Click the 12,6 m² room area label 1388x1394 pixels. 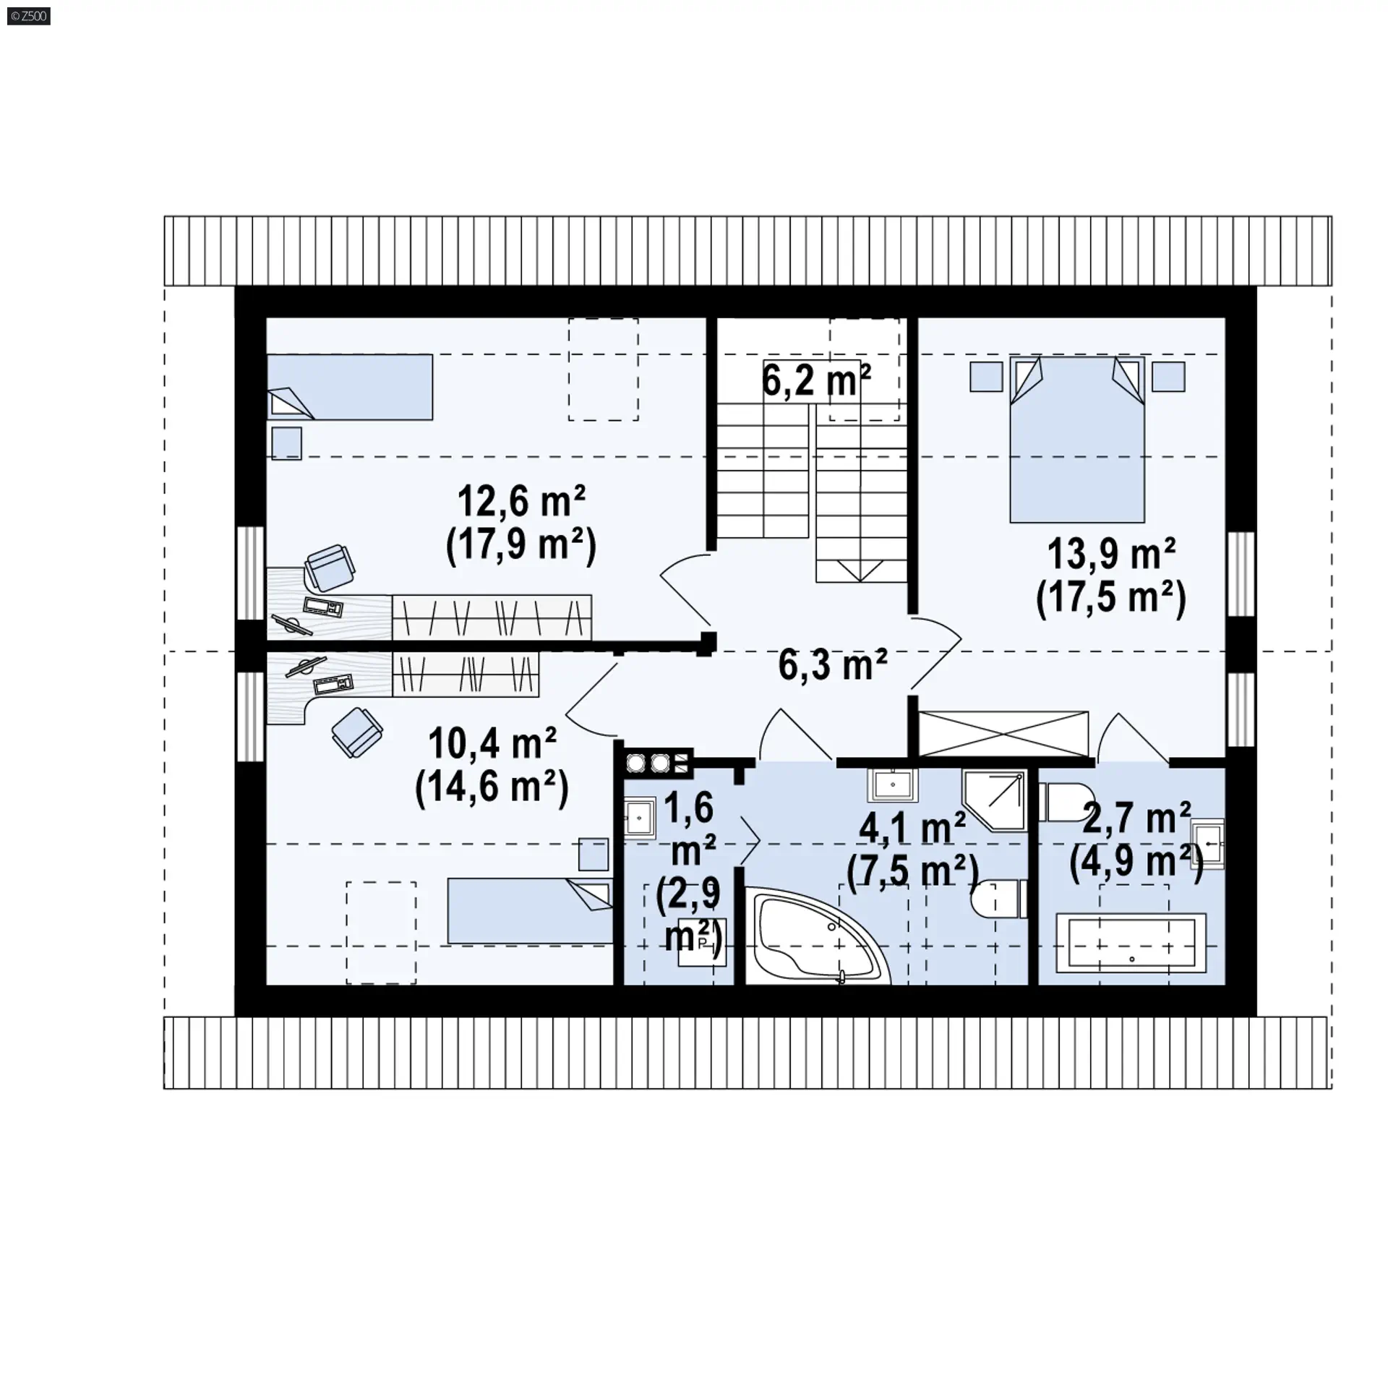[521, 501]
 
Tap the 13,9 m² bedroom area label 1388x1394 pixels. [1111, 555]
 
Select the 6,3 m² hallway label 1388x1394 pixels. [833, 664]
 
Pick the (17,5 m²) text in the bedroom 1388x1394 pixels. [1111, 599]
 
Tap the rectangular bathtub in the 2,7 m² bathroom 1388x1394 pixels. [1131, 942]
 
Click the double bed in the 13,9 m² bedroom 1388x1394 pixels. [1077, 439]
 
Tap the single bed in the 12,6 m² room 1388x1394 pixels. [350, 387]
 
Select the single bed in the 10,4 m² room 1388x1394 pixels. [531, 911]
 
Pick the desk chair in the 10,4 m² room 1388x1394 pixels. [357, 732]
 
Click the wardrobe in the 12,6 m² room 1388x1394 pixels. [492, 617]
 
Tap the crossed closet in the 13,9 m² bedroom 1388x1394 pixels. [1003, 735]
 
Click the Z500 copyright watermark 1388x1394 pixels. [28, 16]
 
